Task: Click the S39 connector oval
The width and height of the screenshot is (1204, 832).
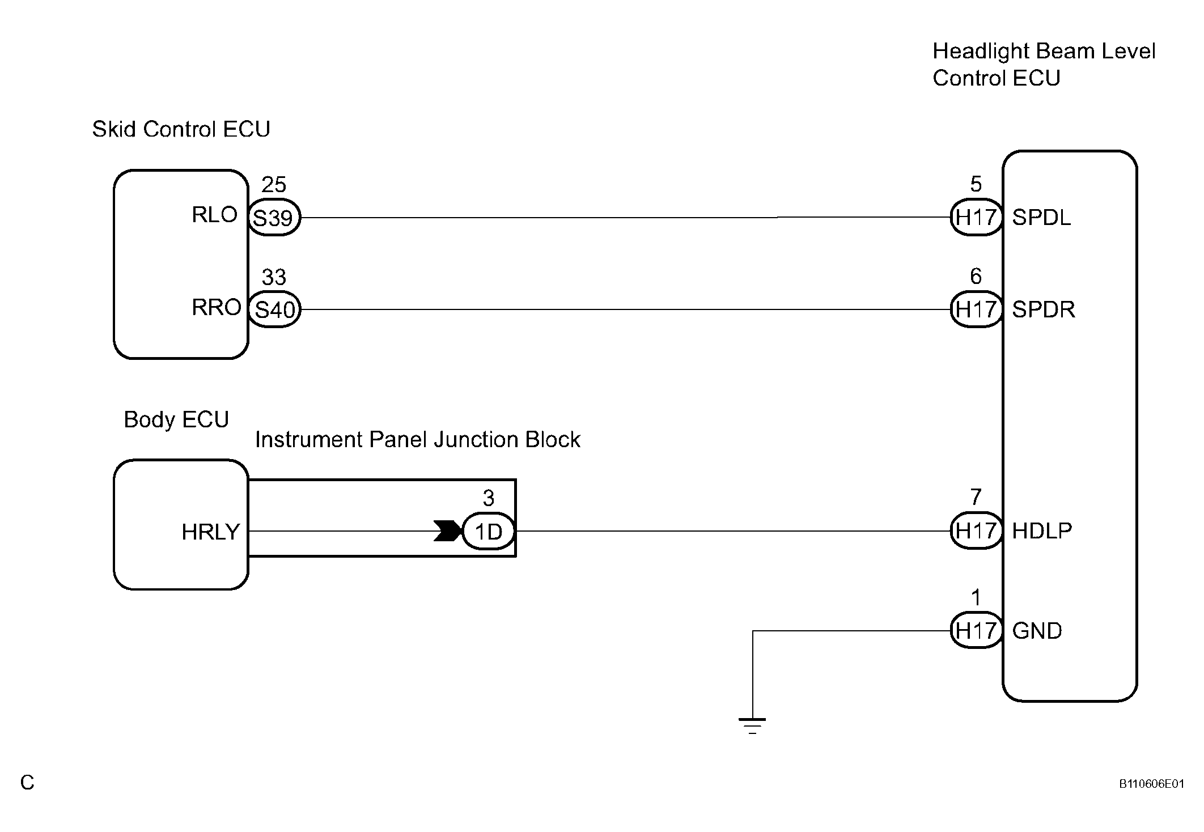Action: tap(274, 218)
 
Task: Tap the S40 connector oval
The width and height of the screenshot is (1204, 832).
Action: tap(274, 309)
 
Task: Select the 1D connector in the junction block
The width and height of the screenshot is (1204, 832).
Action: tap(489, 532)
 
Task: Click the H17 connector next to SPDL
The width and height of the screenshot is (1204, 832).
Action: tap(976, 217)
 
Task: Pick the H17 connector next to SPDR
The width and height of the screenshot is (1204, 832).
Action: tap(976, 309)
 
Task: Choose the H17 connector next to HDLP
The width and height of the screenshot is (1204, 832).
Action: tap(976, 531)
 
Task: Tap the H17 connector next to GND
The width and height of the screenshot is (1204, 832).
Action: tap(976, 630)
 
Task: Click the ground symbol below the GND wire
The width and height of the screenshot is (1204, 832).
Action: tap(752, 726)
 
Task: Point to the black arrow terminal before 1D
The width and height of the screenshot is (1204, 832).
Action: tap(448, 531)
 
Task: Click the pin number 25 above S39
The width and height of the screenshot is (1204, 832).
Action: tap(274, 185)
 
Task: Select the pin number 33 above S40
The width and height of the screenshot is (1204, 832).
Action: tap(274, 277)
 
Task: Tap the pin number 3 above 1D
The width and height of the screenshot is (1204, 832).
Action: tap(489, 498)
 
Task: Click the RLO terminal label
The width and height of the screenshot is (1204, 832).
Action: tap(215, 215)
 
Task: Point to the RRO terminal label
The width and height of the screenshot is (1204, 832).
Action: tap(217, 307)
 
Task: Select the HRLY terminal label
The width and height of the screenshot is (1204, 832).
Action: tap(211, 532)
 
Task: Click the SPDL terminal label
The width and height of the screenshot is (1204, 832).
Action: tap(1042, 218)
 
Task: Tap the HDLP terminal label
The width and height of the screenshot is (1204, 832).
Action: tap(1042, 531)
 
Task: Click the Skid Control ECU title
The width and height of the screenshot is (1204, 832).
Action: tap(181, 129)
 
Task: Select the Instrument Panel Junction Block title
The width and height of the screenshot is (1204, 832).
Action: tap(418, 440)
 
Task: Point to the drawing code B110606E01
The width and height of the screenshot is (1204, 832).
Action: tap(1151, 784)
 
